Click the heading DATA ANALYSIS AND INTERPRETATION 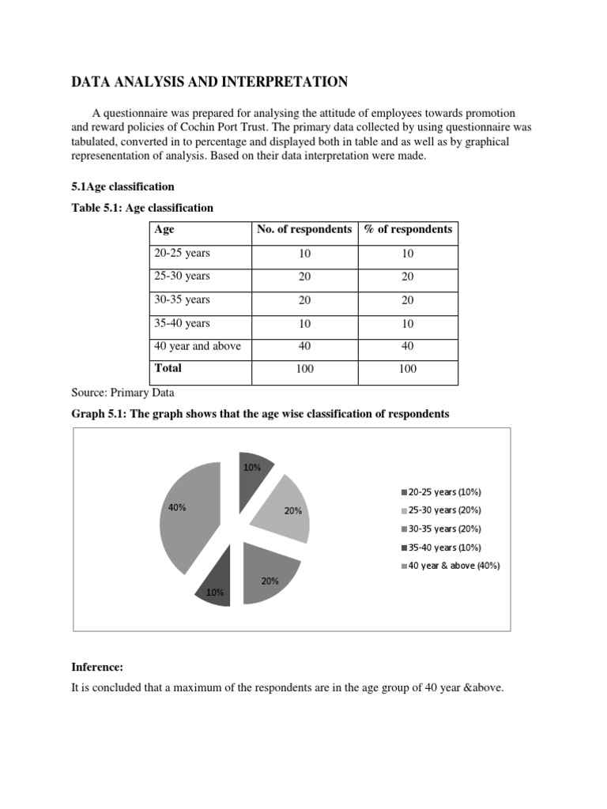click(209, 81)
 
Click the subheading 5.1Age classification click(123, 186)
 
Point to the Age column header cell click(164, 230)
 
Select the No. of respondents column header click(304, 230)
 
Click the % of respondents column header click(408, 230)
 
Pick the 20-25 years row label click(182, 254)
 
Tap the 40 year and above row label click(198, 346)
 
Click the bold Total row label click(168, 368)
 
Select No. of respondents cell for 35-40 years click(304, 323)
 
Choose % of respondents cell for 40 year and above click(408, 346)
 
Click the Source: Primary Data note click(123, 393)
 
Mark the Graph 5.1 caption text click(260, 414)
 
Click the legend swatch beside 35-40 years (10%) click(405, 547)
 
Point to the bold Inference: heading click(98, 667)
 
